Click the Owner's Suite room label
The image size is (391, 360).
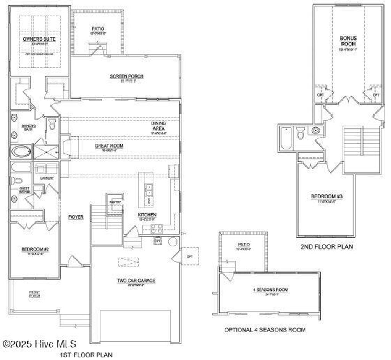coord(39,39)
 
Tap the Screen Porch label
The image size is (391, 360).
coord(126,76)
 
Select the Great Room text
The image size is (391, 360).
coord(109,146)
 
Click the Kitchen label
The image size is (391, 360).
coord(147,215)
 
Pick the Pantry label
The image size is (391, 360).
coord(115,202)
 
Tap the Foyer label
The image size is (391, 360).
coord(76,217)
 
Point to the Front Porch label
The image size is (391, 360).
coord(34,294)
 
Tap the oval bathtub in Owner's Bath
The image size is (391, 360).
coord(21,152)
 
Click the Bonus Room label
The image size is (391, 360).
coord(348,41)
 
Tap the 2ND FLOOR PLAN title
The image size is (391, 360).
coord(326,246)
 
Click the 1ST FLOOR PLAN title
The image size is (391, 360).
coord(86,355)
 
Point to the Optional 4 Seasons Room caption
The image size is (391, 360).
coord(265,329)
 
